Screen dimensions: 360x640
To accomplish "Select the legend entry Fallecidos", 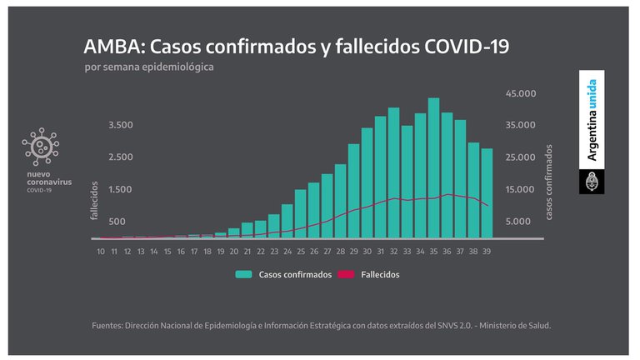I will pos(372,274).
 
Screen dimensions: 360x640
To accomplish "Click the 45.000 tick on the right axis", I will pos(521,93).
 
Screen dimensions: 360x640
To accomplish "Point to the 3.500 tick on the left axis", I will pos(120,125).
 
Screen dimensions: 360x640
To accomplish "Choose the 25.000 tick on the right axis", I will pos(521,157).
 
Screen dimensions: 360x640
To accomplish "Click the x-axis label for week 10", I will pos(101,252).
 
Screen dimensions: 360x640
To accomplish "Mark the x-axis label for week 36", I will pos(447,252).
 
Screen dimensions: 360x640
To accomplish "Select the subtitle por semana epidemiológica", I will pos(149,67).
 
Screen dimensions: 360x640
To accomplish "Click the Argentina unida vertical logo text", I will pos(592,120).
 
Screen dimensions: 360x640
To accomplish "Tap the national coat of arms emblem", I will pos(592,182).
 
